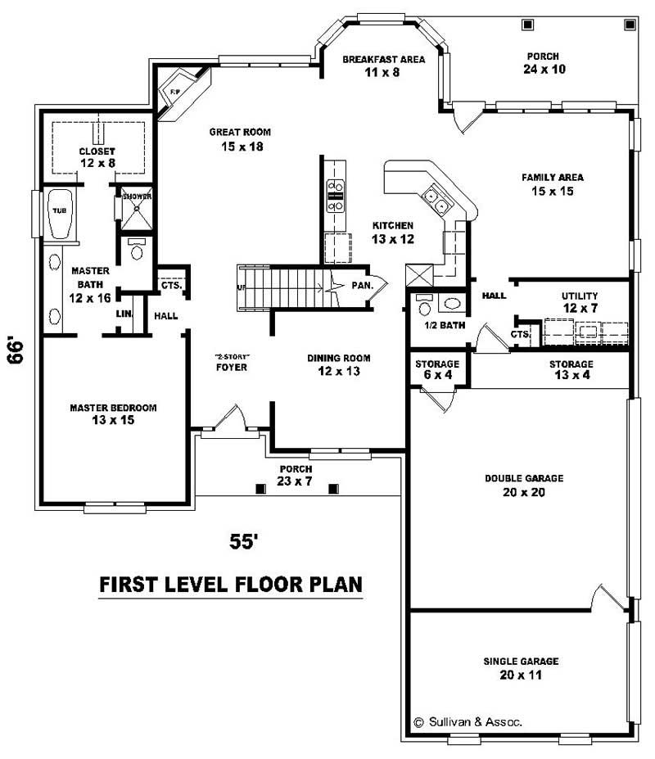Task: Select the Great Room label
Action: [239, 138]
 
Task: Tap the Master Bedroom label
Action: [113, 413]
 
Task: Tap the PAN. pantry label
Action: [362, 286]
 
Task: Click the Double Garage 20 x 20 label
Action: [514, 485]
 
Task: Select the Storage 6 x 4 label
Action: [436, 369]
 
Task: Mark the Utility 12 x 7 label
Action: [579, 301]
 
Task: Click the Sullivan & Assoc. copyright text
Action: [468, 722]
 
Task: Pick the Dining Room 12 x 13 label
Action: [339, 364]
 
